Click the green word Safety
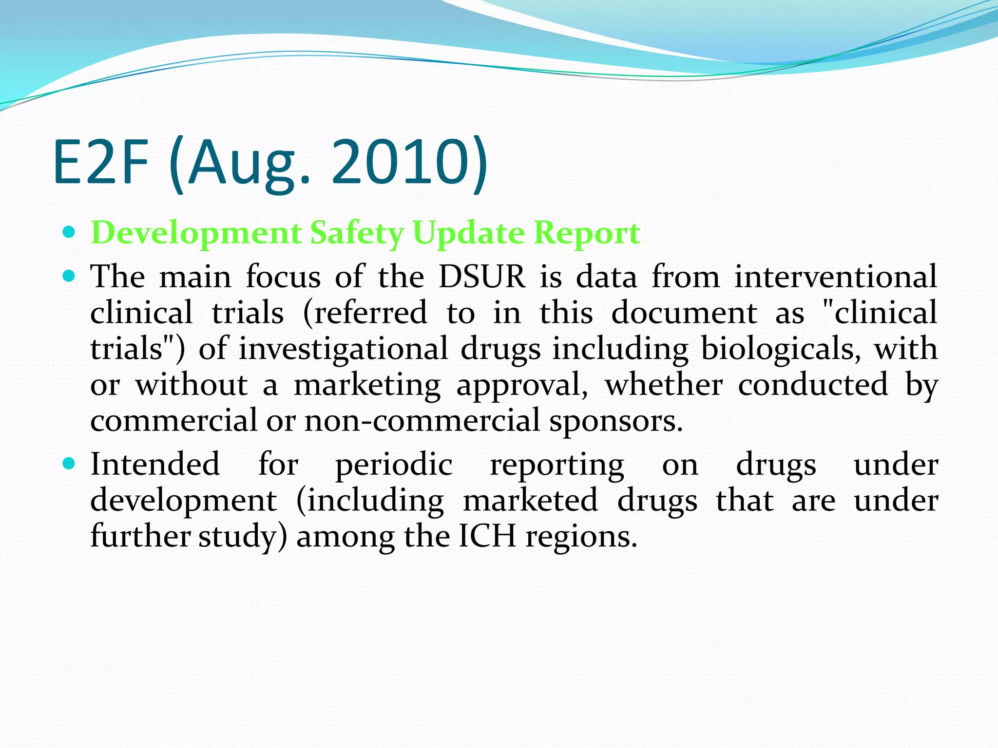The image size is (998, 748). point(357,233)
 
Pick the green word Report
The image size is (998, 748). point(586,233)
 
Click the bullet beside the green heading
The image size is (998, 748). point(70,232)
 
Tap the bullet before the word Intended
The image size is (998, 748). point(70,464)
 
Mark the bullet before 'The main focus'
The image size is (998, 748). point(70,276)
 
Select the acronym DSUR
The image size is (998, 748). point(482,277)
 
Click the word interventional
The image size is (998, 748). point(835,277)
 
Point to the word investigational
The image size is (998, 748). point(343,349)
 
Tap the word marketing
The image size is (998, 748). point(367,385)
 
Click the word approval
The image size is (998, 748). point(522,385)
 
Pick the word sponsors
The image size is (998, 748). point(616,421)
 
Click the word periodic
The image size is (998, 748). point(394,464)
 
